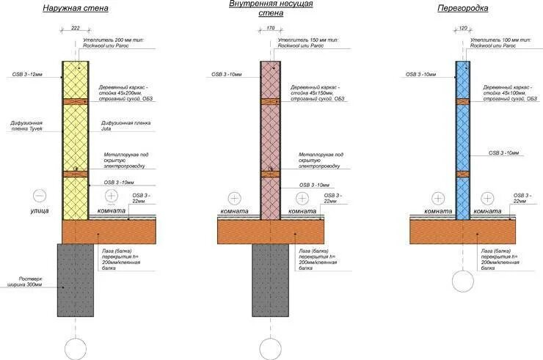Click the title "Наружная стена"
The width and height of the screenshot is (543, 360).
[76, 9]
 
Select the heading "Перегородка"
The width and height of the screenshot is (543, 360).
[462, 8]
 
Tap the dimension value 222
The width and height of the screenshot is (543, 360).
[75, 28]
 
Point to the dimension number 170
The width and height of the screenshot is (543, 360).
[271, 29]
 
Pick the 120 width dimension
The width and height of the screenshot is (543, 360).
[462, 29]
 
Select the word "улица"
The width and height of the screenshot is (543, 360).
[40, 210]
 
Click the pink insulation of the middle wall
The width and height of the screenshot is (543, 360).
[271, 132]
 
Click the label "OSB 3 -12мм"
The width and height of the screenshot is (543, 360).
[28, 74]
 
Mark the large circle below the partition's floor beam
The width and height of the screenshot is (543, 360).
[463, 282]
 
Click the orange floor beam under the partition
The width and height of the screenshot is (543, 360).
[463, 232]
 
